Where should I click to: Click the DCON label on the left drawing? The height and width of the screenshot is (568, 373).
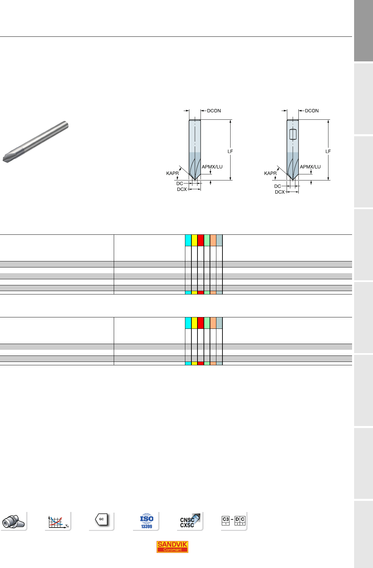(x=214, y=111)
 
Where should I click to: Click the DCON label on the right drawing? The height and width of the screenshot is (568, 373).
(x=312, y=111)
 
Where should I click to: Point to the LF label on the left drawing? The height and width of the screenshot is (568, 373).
(x=230, y=151)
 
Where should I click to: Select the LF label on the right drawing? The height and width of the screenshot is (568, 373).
(x=328, y=151)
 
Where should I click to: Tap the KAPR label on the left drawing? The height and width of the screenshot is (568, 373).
(x=172, y=173)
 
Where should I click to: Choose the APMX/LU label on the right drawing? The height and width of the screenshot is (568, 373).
(x=310, y=167)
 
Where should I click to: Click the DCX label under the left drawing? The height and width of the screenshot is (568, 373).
(x=182, y=190)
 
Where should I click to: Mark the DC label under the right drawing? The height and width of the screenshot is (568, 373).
(x=277, y=186)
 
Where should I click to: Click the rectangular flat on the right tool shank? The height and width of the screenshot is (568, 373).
(x=293, y=134)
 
